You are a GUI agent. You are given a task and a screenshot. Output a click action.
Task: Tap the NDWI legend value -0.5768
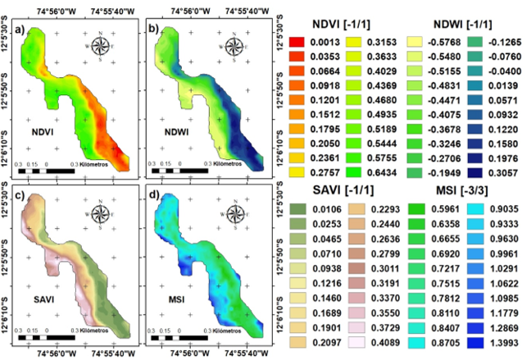[434, 42]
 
